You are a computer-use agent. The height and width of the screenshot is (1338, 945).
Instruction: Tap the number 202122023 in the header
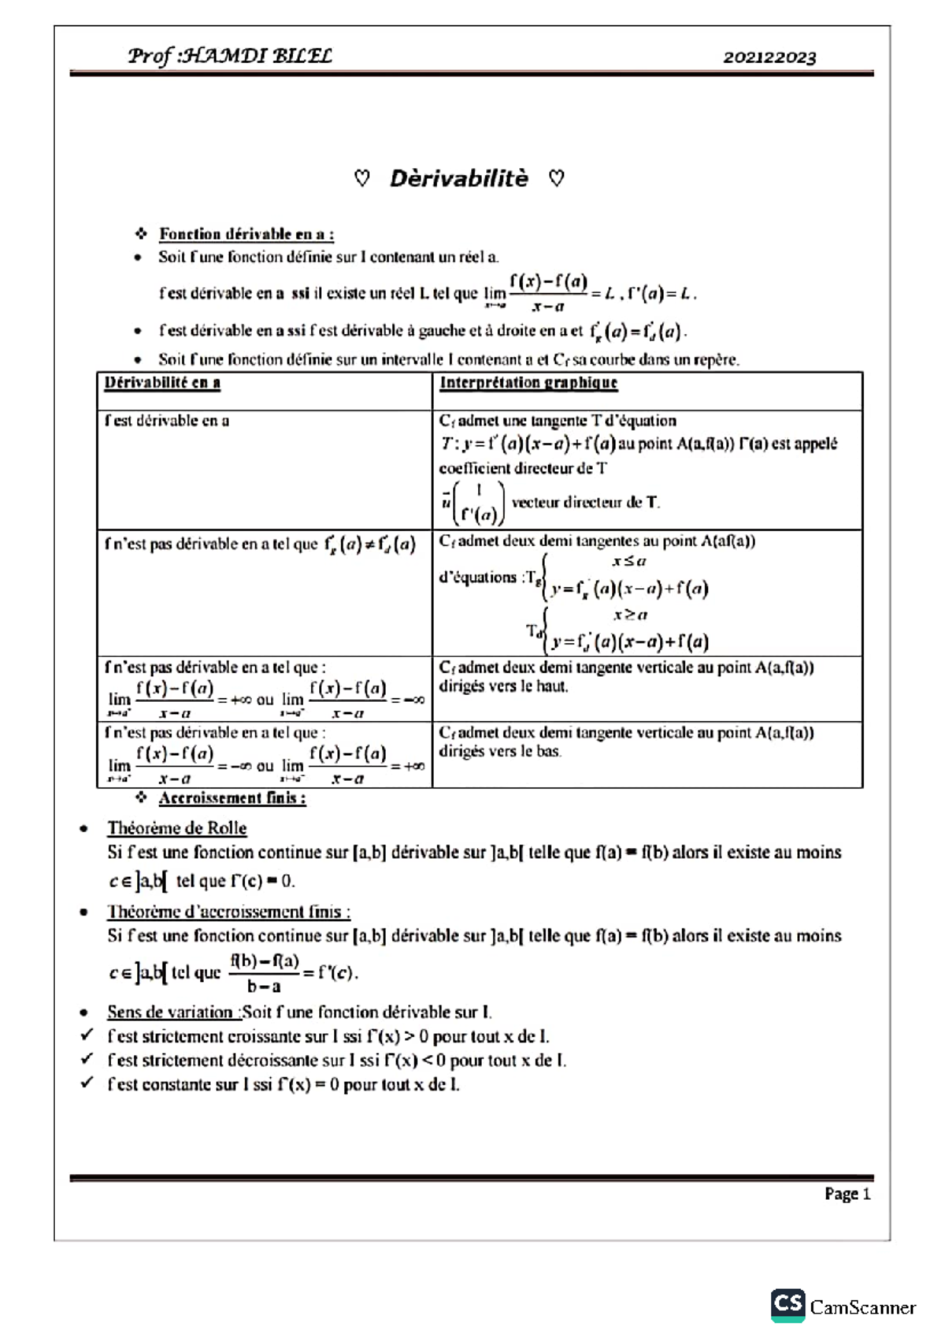coord(769,58)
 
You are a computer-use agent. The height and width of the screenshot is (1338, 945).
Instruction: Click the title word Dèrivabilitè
coord(459,179)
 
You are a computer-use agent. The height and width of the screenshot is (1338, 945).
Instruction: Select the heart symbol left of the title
coord(362,179)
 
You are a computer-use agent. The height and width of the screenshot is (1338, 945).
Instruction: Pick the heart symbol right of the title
coord(556,179)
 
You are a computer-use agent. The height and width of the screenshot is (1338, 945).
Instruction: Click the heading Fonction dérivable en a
coord(246,234)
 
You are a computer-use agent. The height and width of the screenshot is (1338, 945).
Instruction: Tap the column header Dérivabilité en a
coord(162,383)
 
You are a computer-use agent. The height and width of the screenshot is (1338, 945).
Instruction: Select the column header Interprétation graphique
coord(528,383)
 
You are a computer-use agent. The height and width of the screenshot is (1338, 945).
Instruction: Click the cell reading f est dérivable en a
coord(167,421)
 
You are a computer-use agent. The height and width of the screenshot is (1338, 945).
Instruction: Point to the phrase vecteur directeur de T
coord(585,502)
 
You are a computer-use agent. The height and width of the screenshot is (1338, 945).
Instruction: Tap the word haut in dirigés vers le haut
coord(552,686)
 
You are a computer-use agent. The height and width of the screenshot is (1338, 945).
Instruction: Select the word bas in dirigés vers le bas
coord(548,752)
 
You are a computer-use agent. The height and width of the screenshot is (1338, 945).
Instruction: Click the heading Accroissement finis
coord(232,798)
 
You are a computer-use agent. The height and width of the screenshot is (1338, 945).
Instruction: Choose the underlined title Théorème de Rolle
coord(176,828)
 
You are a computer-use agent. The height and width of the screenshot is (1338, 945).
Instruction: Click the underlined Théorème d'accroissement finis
coord(228,912)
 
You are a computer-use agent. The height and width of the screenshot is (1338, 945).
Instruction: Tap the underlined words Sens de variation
coord(169,1012)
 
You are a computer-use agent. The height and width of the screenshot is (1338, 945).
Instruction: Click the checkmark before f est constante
coord(87,1083)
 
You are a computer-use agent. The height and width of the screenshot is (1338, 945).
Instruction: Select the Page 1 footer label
coord(847,1194)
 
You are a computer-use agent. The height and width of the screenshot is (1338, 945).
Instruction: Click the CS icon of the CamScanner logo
coord(787,1304)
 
